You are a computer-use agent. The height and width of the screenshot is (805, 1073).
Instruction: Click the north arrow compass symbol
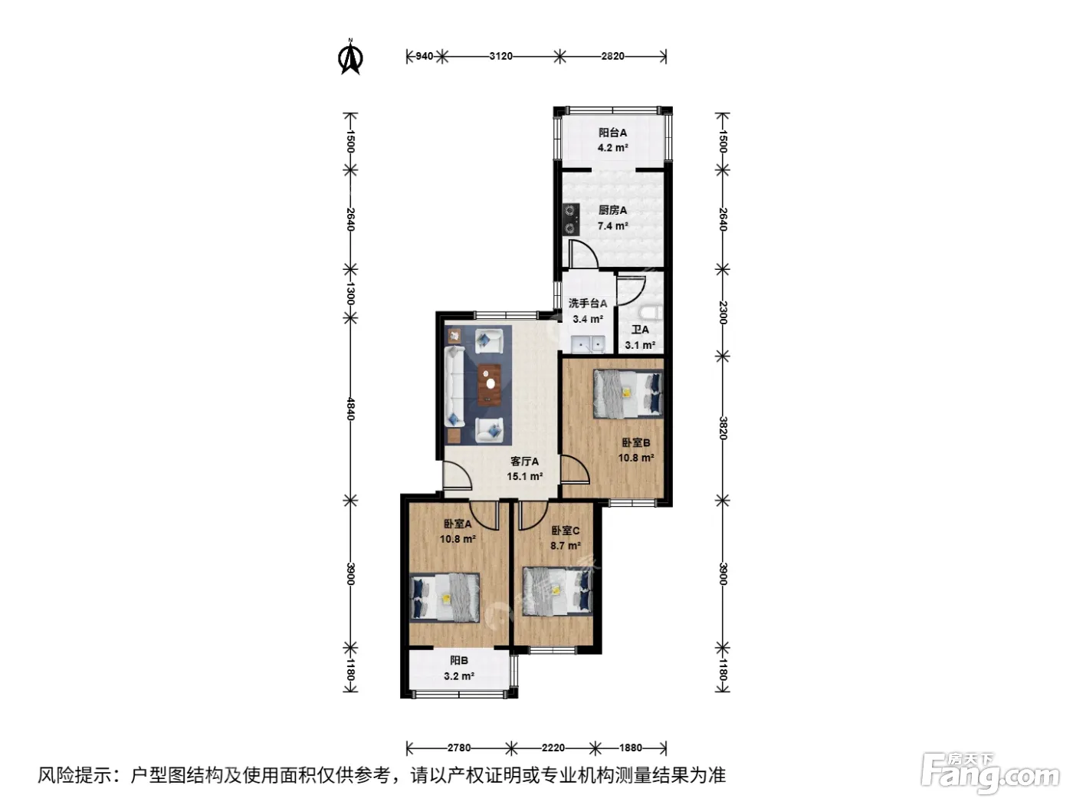(350, 57)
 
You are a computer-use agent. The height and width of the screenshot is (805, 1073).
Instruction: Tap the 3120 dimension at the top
(500, 56)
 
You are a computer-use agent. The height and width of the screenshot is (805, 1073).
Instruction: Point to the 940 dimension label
(424, 56)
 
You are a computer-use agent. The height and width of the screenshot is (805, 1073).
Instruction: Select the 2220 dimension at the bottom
(553, 747)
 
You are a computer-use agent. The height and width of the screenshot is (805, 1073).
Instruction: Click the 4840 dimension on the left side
(350, 409)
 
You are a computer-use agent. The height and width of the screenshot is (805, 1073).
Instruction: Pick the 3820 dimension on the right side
(723, 428)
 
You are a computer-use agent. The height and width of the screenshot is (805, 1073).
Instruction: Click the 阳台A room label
(612, 133)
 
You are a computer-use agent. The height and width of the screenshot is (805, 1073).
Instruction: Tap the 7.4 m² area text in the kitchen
(612, 226)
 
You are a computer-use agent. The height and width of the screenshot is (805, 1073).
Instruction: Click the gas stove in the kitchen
(571, 219)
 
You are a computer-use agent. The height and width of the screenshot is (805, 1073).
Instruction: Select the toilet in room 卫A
(651, 312)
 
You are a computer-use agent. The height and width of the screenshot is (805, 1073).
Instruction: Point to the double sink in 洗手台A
(588, 344)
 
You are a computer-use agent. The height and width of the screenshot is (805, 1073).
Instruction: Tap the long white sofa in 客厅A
(455, 386)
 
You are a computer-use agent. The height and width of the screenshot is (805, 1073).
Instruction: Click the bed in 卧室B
(628, 394)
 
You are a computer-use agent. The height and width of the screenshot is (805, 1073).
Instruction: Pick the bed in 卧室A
(445, 597)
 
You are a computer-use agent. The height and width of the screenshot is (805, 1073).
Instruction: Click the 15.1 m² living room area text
(524, 476)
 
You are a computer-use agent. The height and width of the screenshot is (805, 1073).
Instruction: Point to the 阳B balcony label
(458, 661)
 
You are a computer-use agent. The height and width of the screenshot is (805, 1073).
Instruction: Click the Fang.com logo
(989, 774)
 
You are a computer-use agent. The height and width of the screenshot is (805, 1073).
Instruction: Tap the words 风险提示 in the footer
(74, 775)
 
